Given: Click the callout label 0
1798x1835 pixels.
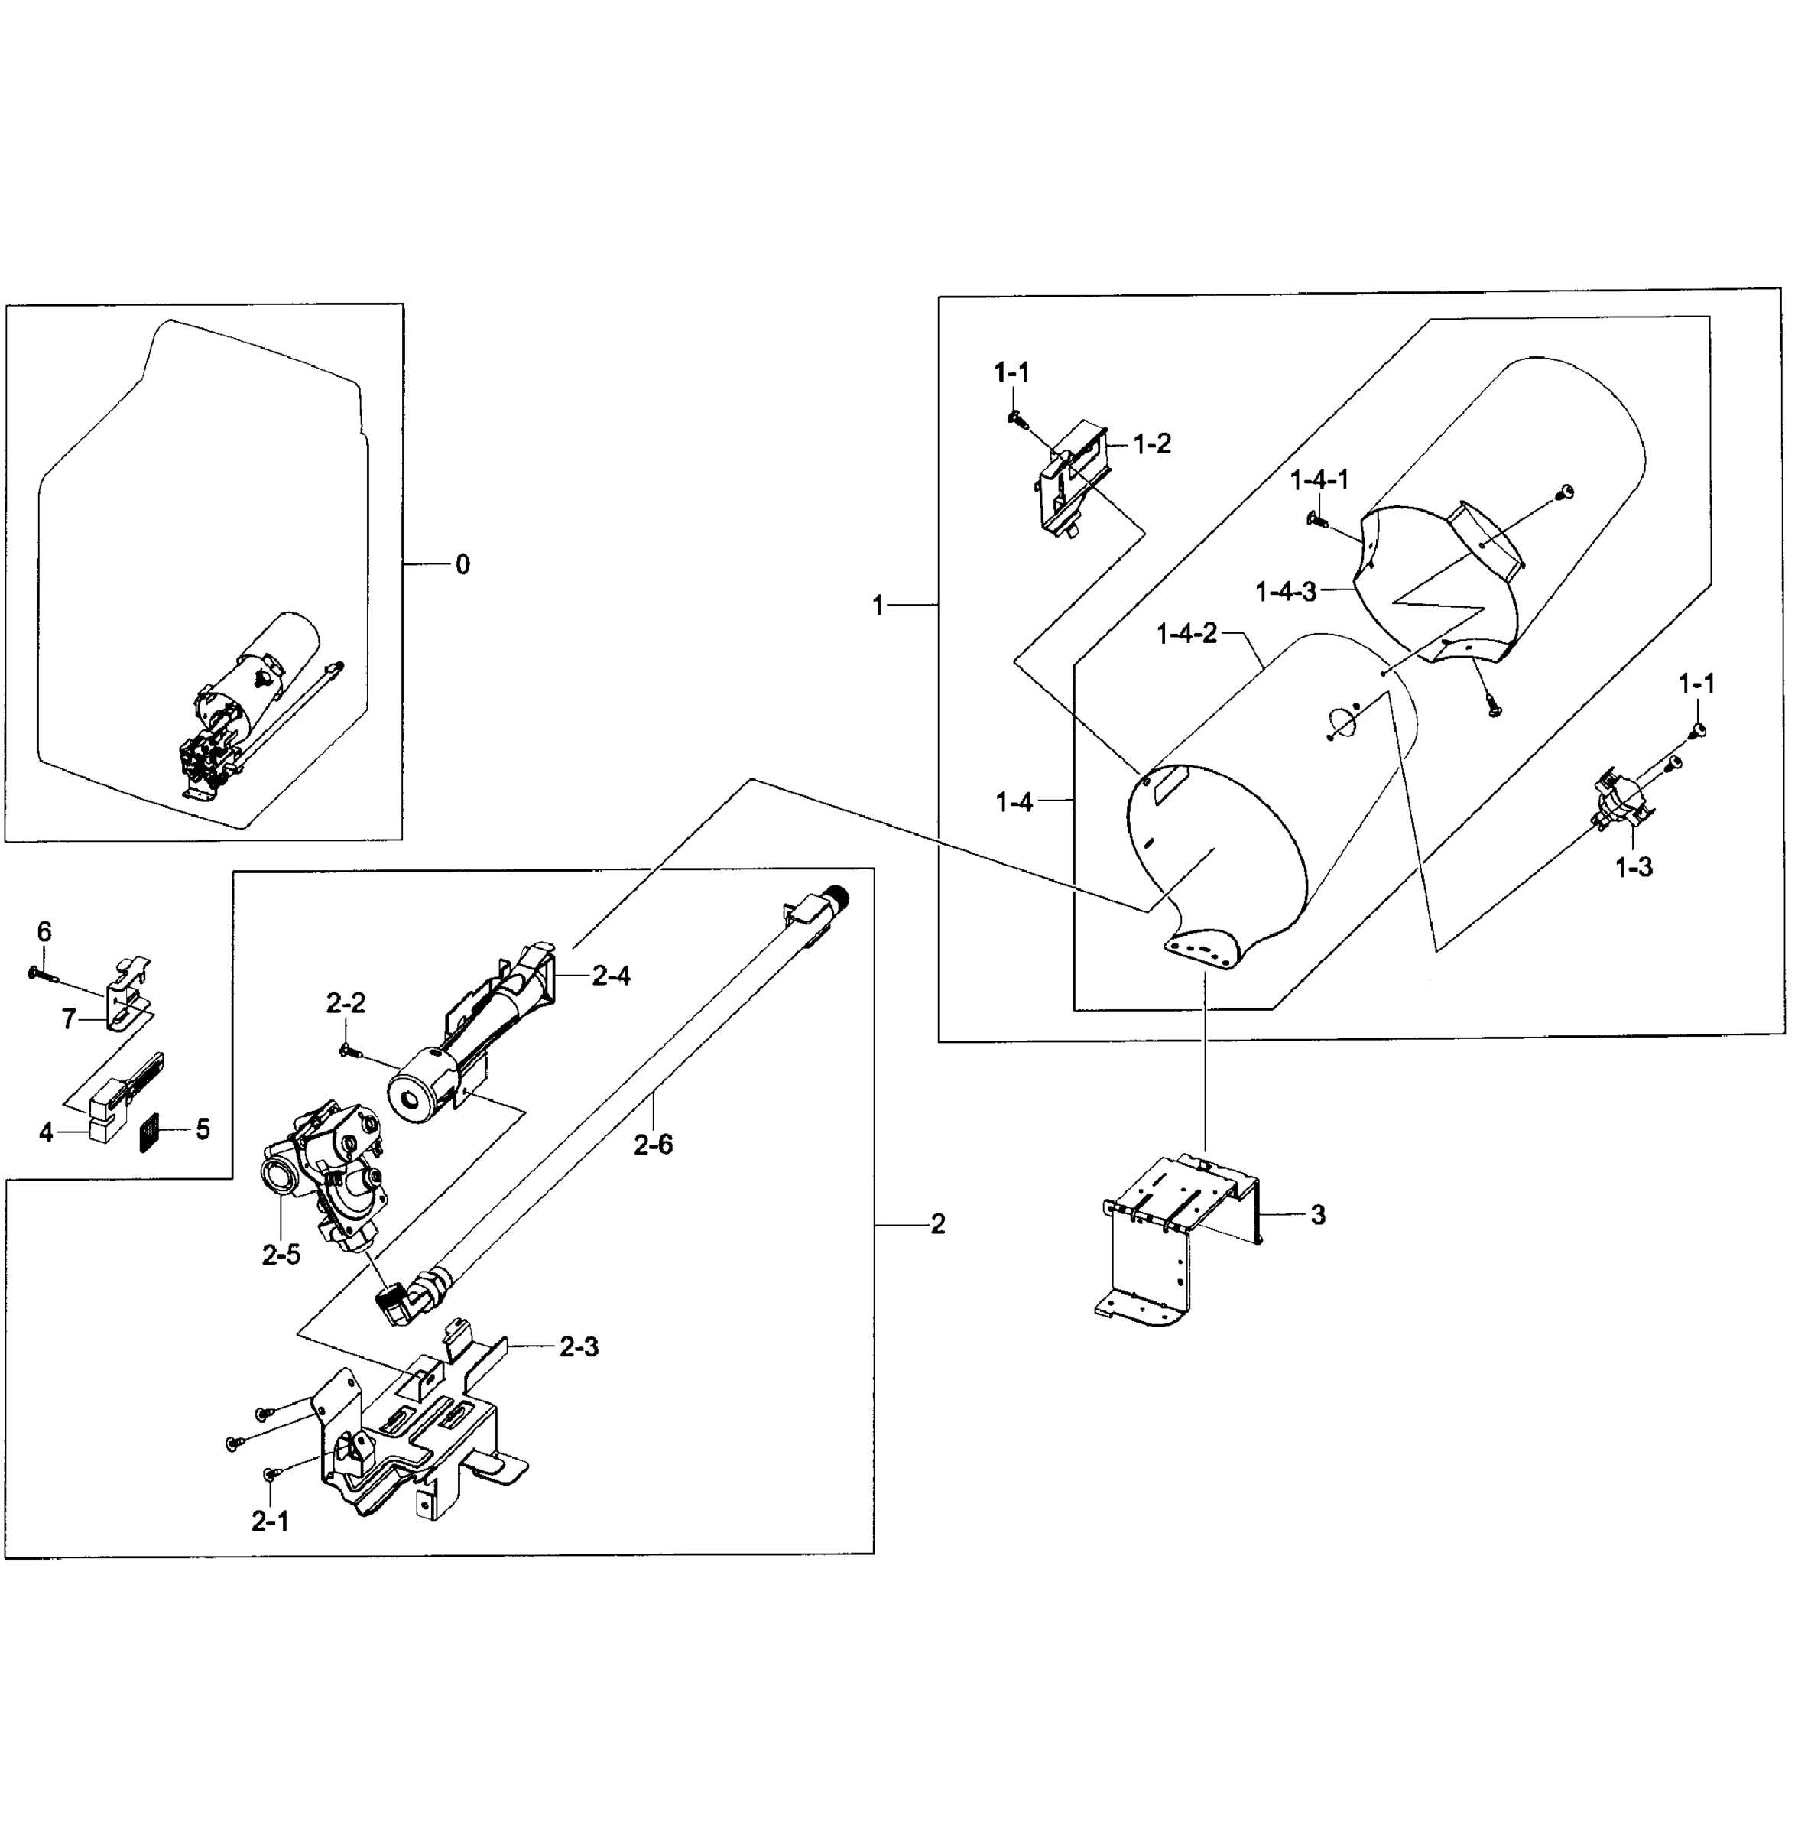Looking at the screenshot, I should (462, 565).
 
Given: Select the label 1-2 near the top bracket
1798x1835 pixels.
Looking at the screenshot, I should (1151, 444).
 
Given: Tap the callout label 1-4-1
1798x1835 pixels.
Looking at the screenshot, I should (1319, 479).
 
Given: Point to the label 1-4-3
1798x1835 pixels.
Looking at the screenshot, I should (1285, 592).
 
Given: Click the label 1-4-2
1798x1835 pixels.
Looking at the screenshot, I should (1187, 634).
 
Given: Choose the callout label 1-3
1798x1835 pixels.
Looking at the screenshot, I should (1634, 867).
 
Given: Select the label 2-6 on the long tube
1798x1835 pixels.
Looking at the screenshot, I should (653, 1145).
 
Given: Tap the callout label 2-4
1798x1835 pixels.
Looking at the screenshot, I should (611, 976).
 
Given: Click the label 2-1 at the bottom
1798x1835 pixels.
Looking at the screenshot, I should (270, 1522).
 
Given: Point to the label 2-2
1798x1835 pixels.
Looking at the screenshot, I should (346, 1004).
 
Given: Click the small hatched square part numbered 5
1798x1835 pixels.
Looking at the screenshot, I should (150, 1132).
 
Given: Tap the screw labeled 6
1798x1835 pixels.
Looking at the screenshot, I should (37, 972).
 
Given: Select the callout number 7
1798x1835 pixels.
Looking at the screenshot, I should (68, 1019).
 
